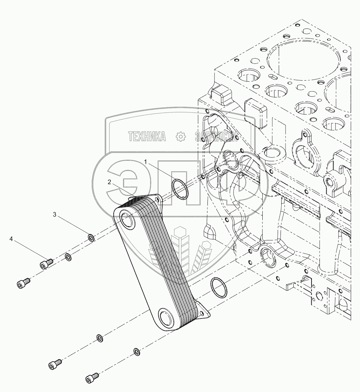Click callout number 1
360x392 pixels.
(x=145, y=162)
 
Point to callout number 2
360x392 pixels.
(x=110, y=182)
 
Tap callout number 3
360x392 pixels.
(x=55, y=214)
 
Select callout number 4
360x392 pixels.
(x=11, y=239)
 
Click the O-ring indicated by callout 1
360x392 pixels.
(x=180, y=189)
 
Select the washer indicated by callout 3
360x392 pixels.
(x=91, y=237)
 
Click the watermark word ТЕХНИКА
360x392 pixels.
(x=147, y=136)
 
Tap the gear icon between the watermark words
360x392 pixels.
(x=181, y=136)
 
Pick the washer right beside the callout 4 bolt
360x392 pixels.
(x=68, y=256)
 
